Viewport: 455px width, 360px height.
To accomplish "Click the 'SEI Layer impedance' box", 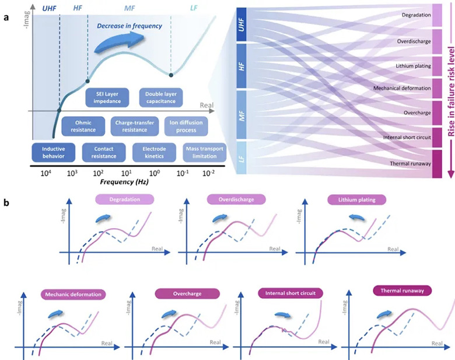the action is pos(107,97).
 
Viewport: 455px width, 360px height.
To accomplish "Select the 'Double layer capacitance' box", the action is pos(161,97).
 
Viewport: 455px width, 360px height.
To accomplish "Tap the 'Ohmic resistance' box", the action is pos(83,126).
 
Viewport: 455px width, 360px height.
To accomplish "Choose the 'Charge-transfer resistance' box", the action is pos(135,126).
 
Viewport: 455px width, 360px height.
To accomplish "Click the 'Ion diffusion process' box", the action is pos(186,126).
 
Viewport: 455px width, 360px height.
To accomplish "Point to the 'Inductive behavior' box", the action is pos(54,152).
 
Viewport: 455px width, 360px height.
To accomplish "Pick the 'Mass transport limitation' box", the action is pos(205,152).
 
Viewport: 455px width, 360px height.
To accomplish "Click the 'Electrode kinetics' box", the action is pos(154,152).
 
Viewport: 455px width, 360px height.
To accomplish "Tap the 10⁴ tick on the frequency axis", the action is pos(46,173).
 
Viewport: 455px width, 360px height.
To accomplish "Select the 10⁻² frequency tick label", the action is pos(208,173).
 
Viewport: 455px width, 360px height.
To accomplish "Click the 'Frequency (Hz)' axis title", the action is pos(124,182).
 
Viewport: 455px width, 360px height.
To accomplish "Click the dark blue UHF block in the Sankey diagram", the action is pos(242,25).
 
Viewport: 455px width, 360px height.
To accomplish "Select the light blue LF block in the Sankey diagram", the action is pos(242,158).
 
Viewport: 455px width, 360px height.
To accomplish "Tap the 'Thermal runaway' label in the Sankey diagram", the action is pos(410,164).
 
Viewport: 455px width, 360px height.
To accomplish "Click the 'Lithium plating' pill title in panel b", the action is pos(357,200).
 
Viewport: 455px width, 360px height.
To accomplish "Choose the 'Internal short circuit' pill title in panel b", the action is pos(290,293).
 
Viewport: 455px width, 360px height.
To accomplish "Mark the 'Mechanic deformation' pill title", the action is pos(73,295).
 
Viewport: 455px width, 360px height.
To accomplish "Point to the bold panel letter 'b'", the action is pos(6,202).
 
